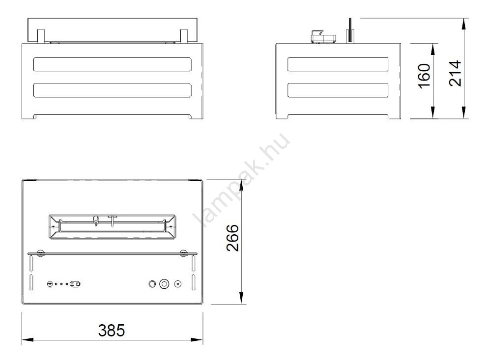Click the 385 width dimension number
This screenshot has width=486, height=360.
click(x=111, y=330)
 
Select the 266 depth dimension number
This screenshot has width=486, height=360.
click(x=233, y=238)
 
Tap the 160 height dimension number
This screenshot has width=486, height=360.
click(x=424, y=76)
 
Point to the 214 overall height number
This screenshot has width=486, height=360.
click(x=455, y=74)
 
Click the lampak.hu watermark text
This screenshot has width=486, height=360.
click(x=242, y=180)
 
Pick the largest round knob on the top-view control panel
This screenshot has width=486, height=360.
click(x=164, y=283)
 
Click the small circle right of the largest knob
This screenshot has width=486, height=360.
click(x=177, y=284)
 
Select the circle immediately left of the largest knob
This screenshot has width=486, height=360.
click(x=152, y=284)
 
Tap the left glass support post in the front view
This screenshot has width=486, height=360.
click(x=41, y=36)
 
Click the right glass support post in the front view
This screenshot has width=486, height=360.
click(x=184, y=36)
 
